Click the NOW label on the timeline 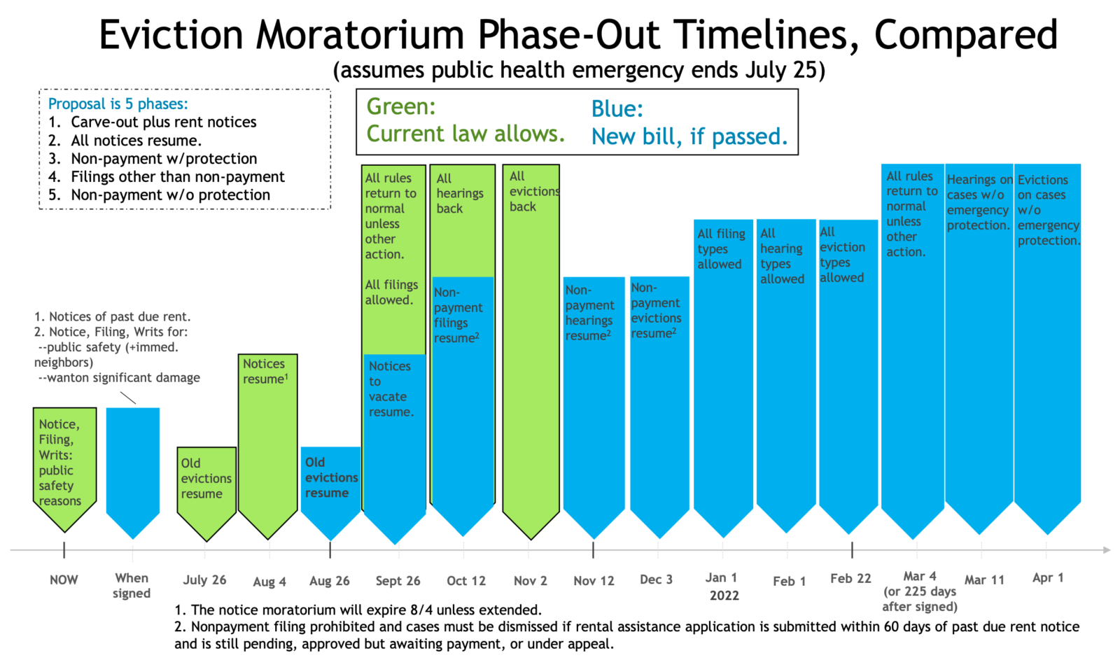tap(64, 580)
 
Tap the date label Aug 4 tap(269, 582)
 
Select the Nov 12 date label tap(594, 581)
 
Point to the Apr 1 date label tap(1048, 577)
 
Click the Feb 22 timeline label tap(850, 578)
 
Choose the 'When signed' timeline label tap(132, 586)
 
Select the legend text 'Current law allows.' tap(465, 134)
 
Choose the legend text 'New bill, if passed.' tap(689, 136)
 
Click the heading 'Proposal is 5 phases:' tap(118, 104)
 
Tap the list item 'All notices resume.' tap(136, 140)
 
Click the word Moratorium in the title tap(360, 34)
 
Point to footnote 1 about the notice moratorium tap(358, 610)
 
